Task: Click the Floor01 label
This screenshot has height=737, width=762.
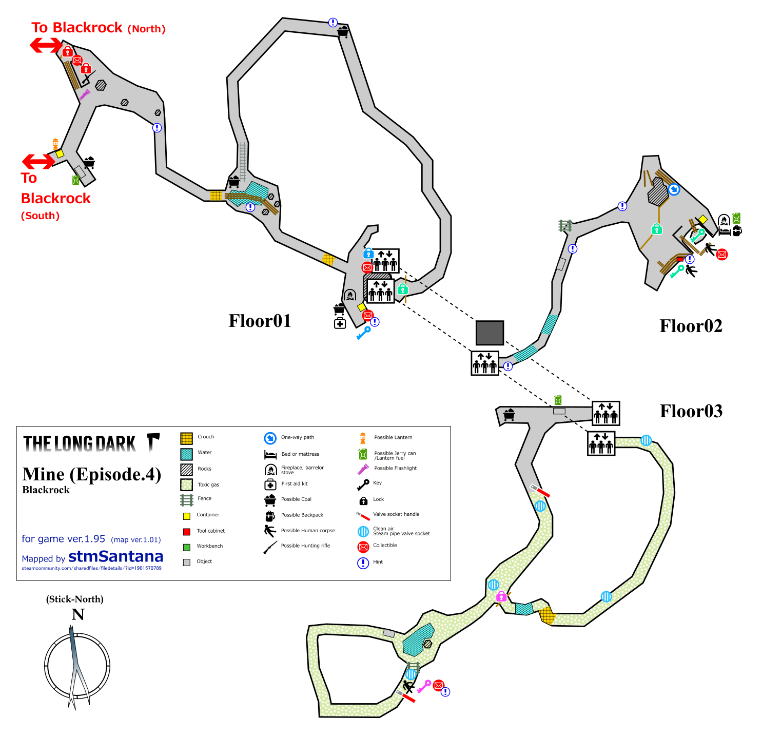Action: coord(260,321)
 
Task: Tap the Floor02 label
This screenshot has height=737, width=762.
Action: coord(691,326)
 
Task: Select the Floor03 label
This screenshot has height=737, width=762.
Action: coord(691,411)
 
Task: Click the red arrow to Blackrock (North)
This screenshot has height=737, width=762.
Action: coord(46,45)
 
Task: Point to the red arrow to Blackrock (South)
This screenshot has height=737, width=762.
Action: coord(38,161)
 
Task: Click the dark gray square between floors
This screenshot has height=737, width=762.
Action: coord(490,333)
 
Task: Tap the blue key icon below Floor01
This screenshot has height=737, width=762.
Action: coord(364,333)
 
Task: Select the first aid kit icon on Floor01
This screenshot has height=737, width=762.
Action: coord(340,323)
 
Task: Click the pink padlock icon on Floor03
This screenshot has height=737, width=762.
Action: coord(501,596)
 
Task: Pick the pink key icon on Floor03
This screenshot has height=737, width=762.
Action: coord(424,686)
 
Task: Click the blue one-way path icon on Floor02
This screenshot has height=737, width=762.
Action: coord(674,189)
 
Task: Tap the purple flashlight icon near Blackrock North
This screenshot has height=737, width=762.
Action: coord(85,95)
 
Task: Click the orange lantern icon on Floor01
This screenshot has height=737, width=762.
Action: coord(55,144)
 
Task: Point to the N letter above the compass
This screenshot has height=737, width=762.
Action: coord(78,614)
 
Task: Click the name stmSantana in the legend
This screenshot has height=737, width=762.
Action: coord(115,556)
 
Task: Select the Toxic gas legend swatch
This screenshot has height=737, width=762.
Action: coord(186,484)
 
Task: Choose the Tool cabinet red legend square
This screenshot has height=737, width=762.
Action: coord(186,531)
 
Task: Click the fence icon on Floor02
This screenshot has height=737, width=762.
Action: coord(565,225)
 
